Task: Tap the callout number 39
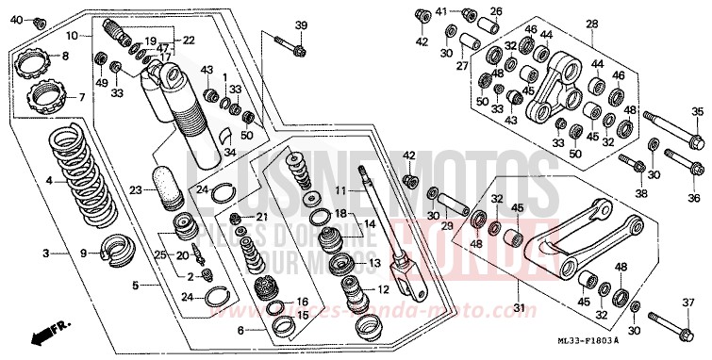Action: point(301,25)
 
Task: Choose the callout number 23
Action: point(135,190)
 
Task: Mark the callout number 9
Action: point(84,253)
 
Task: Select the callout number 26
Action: point(496,11)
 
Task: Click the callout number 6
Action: point(240,331)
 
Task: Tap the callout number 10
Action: point(72,35)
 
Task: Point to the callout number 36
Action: point(695,198)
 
